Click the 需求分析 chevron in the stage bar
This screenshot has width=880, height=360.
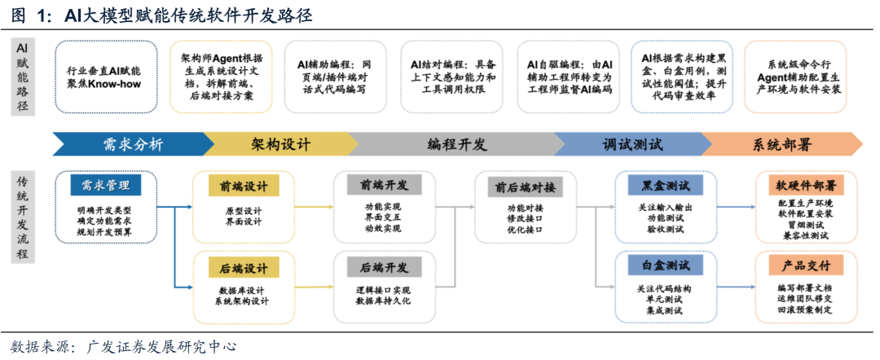pyautogui.click(x=132, y=145)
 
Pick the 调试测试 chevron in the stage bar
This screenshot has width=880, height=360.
pyautogui.click(x=632, y=145)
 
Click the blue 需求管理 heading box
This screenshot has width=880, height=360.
pyautogui.click(x=106, y=185)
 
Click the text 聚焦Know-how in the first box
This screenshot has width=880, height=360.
pyautogui.click(x=106, y=84)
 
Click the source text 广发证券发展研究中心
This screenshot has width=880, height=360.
pyautogui.click(x=160, y=346)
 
